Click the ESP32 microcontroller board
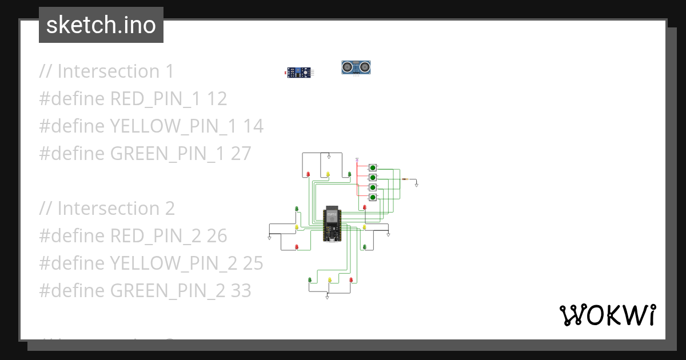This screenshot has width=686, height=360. [332, 223]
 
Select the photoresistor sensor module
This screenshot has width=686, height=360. [299, 72]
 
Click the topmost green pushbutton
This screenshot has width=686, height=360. [373, 167]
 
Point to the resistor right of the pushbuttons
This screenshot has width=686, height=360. [406, 179]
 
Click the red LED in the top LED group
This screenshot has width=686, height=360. [308, 174]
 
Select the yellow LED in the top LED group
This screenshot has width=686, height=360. [328, 174]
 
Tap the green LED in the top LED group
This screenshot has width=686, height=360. [349, 174]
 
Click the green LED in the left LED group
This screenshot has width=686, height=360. [296, 209]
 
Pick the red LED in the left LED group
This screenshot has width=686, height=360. [296, 247]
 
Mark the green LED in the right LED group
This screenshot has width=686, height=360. [364, 247]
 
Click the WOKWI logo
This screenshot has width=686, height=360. [607, 315]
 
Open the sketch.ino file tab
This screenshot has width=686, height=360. [101, 25]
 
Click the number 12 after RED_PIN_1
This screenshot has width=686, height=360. [217, 99]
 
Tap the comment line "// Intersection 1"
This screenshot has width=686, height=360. [106, 71]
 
